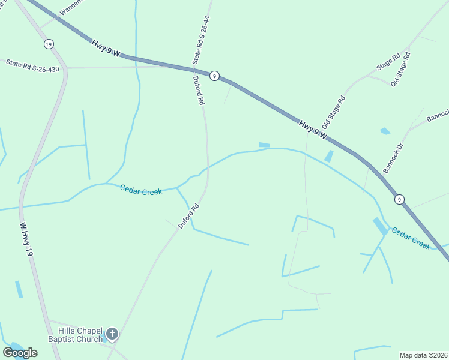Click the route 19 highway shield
49,44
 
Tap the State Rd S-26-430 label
32,65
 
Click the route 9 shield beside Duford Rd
214,76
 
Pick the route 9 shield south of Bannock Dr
399,199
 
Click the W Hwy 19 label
25,240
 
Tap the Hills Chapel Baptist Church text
80,335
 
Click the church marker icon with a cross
112,334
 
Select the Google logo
20,352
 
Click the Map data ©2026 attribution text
423,355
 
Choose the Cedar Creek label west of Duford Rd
140,190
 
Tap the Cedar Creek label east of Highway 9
411,238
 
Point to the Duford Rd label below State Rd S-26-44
199,91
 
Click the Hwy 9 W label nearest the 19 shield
106,47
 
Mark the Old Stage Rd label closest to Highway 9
334,113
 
